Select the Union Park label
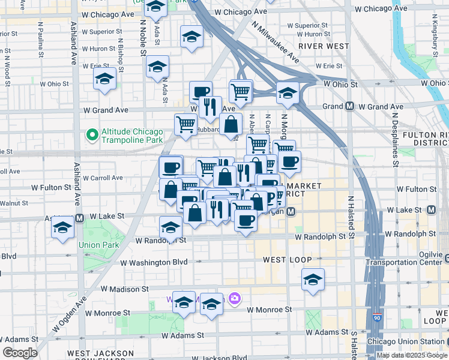(98, 245)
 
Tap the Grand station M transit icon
(349, 107)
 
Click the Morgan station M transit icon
(291, 212)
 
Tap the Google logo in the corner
(20, 353)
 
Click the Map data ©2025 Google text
(412, 355)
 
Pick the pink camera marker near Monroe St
(235, 298)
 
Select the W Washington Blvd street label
(154, 262)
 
